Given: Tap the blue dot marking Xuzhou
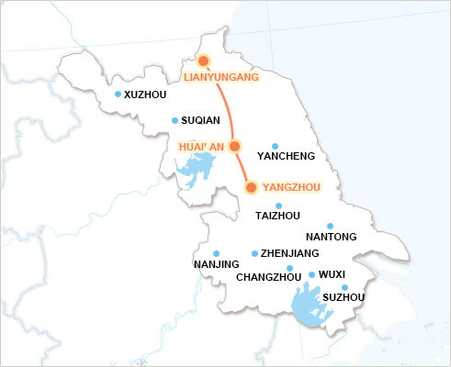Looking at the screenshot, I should (118, 95).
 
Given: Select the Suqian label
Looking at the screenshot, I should (201, 121).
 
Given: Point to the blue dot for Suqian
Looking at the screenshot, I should (175, 120).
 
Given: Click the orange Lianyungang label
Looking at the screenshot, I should (221, 78).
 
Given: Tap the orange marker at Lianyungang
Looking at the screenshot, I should (204, 61).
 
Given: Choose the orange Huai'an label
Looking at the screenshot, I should (201, 146).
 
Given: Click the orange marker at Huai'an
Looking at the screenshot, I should (234, 146).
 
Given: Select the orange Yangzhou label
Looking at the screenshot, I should (290, 187).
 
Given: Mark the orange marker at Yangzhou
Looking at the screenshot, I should (252, 187).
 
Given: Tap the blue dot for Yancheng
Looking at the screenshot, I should (276, 146).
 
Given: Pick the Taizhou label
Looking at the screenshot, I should (276, 217).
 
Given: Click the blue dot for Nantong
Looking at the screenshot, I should (331, 226).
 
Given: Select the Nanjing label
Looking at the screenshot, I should (216, 265).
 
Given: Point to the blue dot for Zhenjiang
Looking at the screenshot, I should (254, 253).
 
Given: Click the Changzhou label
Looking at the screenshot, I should (269, 277).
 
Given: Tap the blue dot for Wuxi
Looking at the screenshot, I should (311, 274).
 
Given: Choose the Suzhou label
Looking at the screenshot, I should (344, 297).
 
